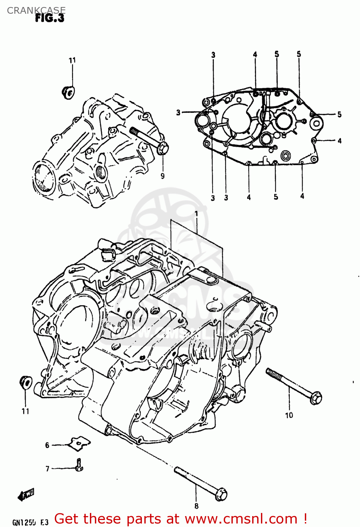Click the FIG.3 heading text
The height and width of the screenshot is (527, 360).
pos(50,18)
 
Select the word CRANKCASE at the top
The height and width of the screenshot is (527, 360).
pos(36,10)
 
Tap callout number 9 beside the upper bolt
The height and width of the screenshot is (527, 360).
pos(163,176)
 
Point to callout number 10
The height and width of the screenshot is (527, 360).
pos(289,415)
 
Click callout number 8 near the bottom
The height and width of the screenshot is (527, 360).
pos(196,506)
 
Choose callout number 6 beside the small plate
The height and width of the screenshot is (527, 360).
pos(47,445)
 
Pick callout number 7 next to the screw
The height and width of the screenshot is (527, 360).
pos(47,469)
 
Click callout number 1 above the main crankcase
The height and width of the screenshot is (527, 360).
pos(196,214)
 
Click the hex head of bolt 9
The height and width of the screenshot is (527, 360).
pos(163,149)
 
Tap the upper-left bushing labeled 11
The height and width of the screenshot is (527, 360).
pos(68,92)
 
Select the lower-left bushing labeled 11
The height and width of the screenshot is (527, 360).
pos(25,382)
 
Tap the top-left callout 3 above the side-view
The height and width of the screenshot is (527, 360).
pos(213,55)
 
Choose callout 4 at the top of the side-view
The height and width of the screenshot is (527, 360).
pos(255,54)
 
